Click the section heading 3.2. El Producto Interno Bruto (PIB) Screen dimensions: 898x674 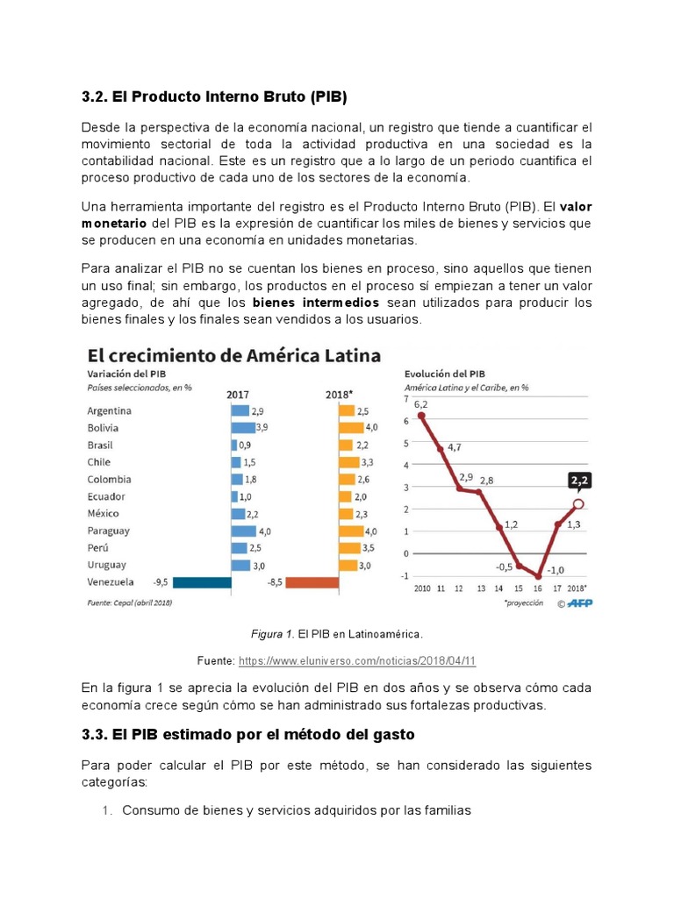tap(220, 95)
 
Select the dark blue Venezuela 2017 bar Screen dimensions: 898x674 tap(202, 581)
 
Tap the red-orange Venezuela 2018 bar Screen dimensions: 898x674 tap(312, 581)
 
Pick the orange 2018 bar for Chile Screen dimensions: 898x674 tap(348, 462)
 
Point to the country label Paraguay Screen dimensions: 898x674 tap(109, 531)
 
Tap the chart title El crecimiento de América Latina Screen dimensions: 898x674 tap(233, 355)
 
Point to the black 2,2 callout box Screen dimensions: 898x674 tap(578, 481)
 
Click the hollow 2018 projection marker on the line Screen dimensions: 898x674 tap(578, 504)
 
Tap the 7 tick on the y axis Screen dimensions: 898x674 tap(406, 399)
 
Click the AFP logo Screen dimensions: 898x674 tap(580, 602)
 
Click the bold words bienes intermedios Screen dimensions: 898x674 tap(316, 303)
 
